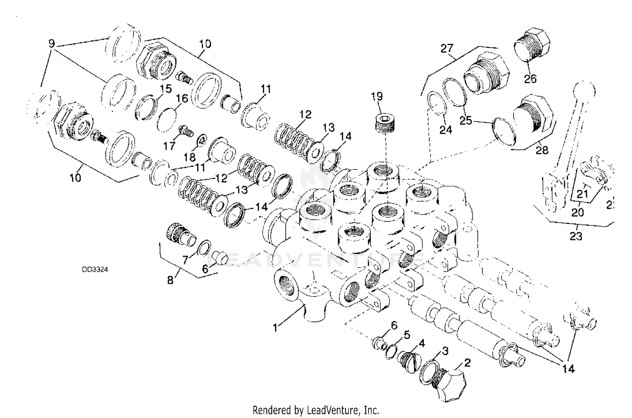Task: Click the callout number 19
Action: tap(377, 97)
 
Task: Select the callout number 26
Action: tap(530, 78)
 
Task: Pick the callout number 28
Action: tap(542, 149)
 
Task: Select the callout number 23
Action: tap(576, 236)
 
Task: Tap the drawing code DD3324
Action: tap(95, 269)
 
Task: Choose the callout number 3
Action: tap(445, 351)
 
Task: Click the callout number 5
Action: tap(407, 335)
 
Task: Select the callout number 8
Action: tap(170, 280)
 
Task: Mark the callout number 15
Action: tap(166, 89)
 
